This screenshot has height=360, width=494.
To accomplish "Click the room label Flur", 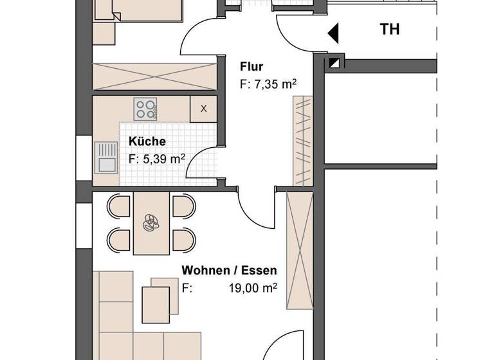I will click(x=252, y=66).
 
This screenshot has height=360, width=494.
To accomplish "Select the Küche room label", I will click(x=147, y=141).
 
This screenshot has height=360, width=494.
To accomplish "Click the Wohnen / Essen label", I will click(x=228, y=270).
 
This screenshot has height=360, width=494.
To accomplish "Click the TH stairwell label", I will click(x=390, y=30).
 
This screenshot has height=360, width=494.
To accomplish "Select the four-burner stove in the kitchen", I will click(x=145, y=108).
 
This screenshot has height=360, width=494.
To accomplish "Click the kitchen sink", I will click(x=104, y=157).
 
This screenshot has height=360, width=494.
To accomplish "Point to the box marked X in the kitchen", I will click(x=203, y=108).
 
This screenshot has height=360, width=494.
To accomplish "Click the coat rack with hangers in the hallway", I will click(x=302, y=141).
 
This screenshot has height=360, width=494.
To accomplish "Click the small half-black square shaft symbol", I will click(x=334, y=63).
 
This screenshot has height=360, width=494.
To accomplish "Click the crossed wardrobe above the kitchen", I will click(x=155, y=77).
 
